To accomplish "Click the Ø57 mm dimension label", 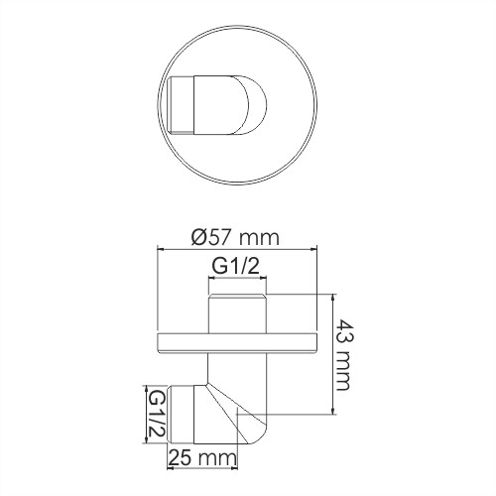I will (236, 237).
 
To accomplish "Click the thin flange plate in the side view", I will (237, 343).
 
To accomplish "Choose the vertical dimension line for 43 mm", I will (329, 357).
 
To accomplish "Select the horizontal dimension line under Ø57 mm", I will (237, 250).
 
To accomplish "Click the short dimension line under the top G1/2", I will (237, 279).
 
